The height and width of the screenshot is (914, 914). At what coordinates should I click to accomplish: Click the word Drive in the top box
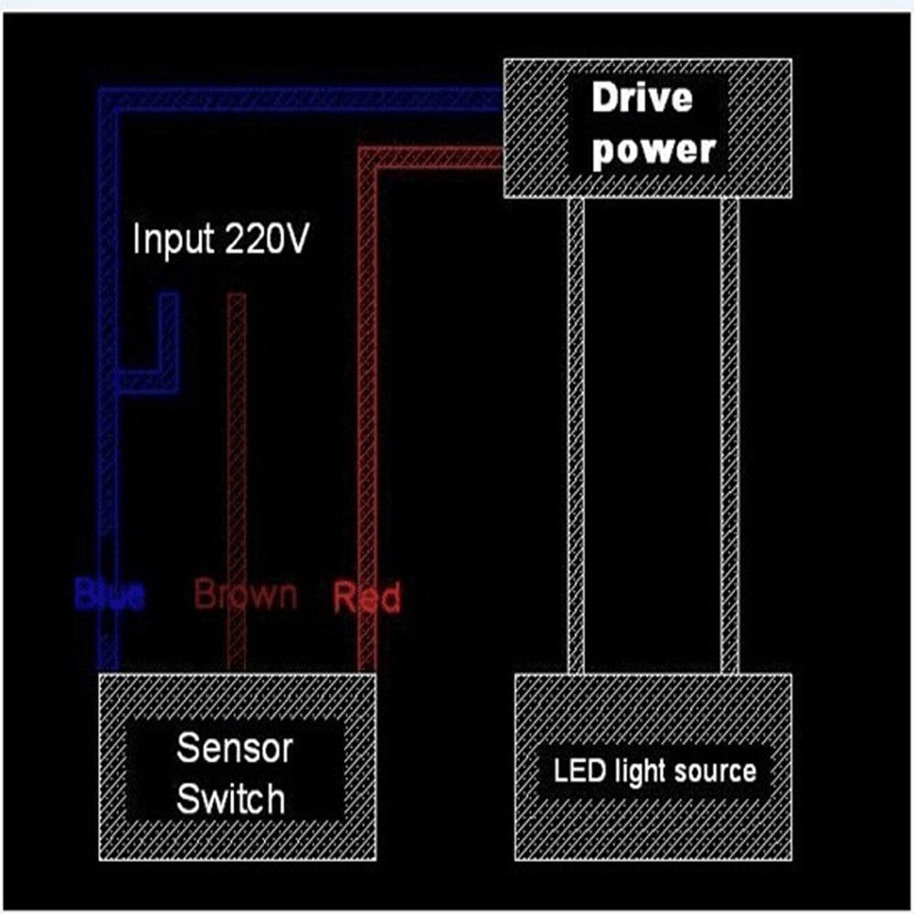(642, 98)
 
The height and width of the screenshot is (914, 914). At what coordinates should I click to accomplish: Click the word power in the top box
(653, 150)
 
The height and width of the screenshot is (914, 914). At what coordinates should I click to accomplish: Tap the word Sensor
(234, 748)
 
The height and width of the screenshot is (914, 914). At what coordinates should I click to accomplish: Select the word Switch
(230, 799)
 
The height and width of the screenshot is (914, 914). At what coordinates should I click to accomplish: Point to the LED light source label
(654, 771)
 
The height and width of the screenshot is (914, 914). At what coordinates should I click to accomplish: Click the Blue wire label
(109, 596)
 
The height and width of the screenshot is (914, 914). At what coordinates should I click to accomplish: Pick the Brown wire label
(245, 595)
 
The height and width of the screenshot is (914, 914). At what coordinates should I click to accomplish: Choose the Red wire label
(367, 598)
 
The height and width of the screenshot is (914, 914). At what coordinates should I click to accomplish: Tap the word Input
(172, 239)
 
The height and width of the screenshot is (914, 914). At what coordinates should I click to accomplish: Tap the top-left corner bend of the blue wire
(109, 99)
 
